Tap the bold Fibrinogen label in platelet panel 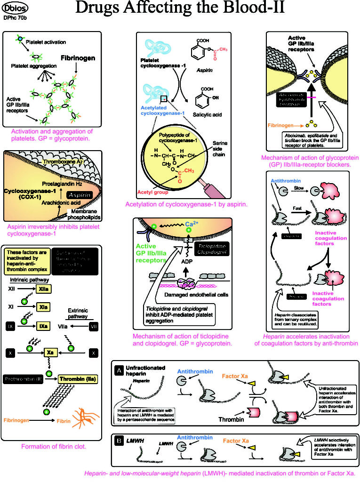pyautogui.click(x=78, y=58)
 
